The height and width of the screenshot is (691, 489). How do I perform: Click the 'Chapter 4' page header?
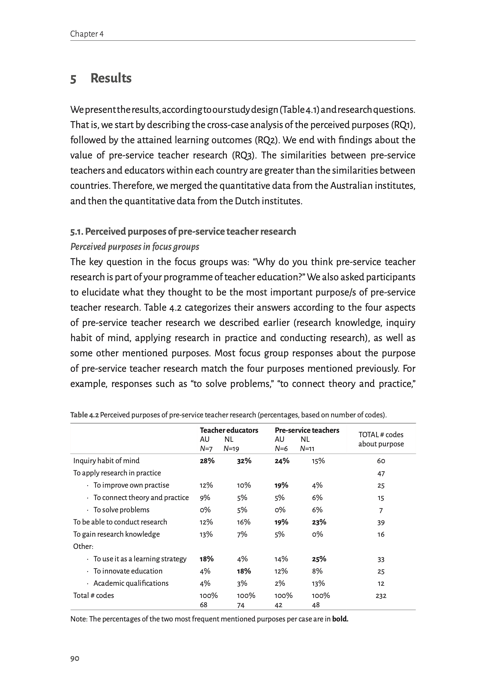pos(87,34)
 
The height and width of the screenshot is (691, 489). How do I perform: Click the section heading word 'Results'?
pos(111,78)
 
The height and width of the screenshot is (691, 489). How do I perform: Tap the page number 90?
pos(75,658)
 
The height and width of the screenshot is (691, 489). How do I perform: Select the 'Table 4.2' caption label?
pos(84,415)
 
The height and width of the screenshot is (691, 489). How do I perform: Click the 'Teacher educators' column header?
pos(229,430)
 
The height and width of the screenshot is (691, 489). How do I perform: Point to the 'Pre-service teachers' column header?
pos(307,430)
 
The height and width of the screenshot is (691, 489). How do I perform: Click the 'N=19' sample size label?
pos(231,449)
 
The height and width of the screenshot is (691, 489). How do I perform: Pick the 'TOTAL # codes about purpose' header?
pos(381,439)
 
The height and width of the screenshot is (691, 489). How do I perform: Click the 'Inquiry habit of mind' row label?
pos(106,461)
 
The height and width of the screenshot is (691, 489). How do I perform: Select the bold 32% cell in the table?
pos(244,461)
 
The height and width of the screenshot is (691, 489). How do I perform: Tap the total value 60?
pos(381,461)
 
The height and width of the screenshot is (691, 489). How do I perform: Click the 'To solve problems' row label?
pos(121,510)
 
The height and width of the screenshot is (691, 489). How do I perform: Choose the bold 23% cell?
pos(319,522)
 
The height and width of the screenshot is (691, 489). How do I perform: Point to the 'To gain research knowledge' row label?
pos(116,534)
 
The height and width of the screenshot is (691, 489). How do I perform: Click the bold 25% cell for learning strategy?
pos(319,559)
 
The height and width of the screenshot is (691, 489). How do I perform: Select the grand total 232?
pos(381,596)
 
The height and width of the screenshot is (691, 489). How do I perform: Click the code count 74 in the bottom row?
pos(241,605)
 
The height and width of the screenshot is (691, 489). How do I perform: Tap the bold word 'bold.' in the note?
pos(340,619)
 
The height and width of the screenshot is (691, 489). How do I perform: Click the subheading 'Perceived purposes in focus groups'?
pos(135,247)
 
